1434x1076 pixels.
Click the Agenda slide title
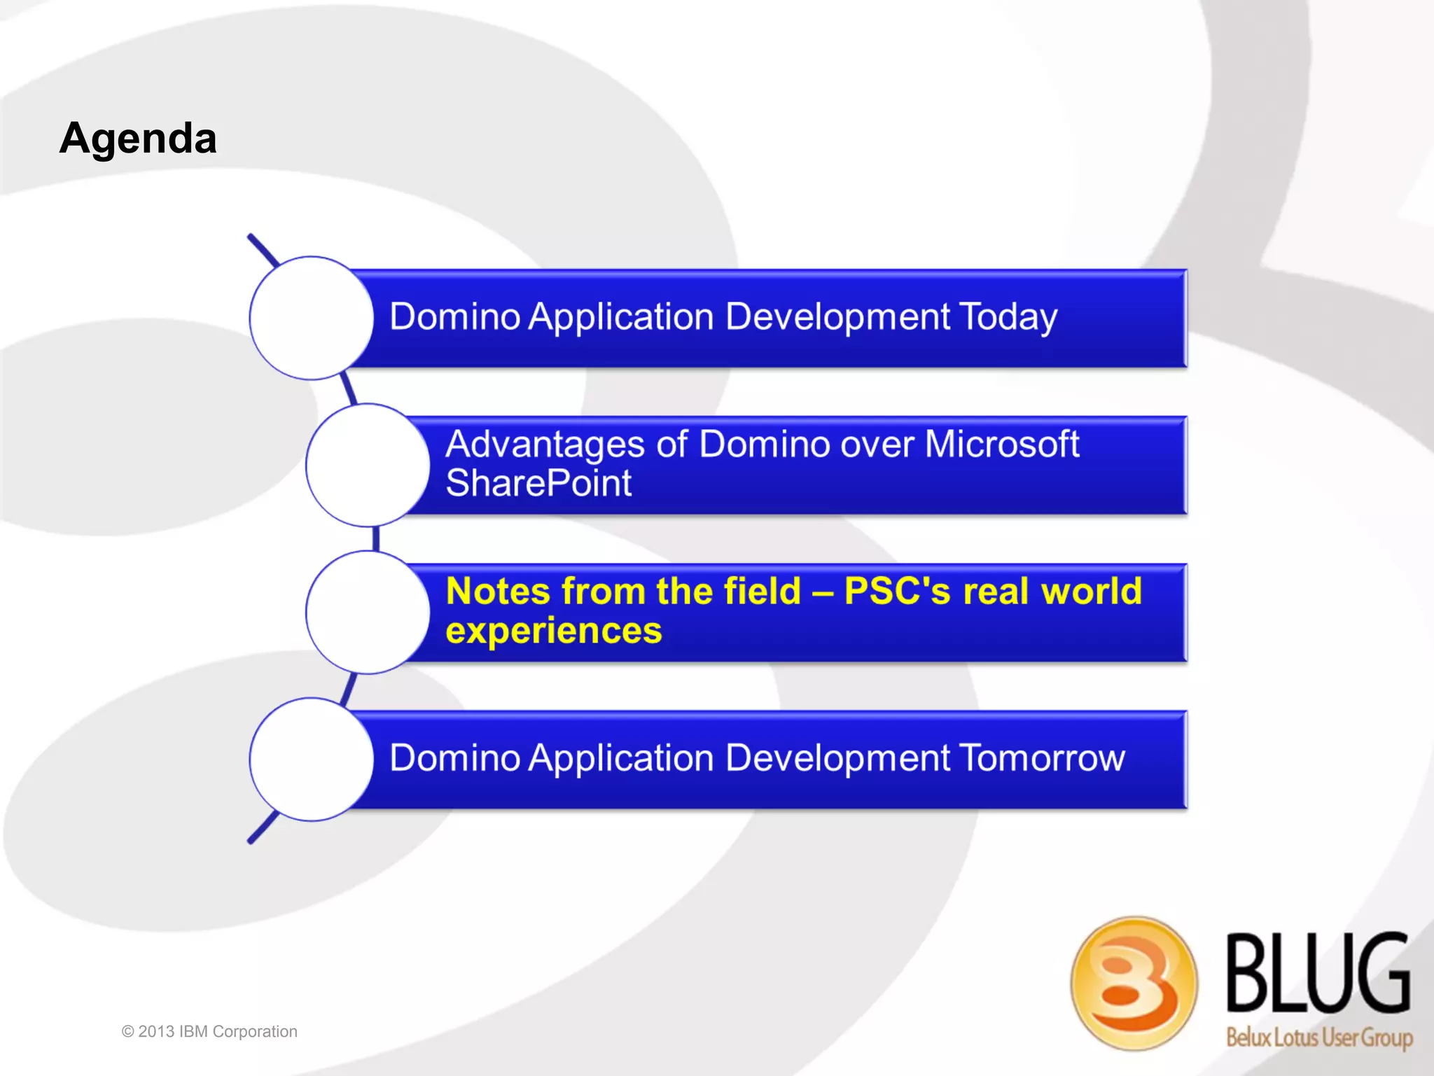coord(138,138)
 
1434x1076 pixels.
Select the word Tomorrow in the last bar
coord(1041,757)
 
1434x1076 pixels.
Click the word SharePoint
coord(538,483)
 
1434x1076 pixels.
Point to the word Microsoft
coord(1001,444)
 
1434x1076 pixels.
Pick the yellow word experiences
coord(553,631)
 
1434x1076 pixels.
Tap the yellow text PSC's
coord(897,591)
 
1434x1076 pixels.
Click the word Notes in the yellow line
coord(498,591)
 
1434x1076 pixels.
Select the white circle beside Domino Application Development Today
coord(311,318)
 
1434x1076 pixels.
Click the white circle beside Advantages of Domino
coord(367,465)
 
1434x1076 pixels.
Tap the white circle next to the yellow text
coord(367,612)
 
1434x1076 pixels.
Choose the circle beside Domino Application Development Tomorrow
coord(311,759)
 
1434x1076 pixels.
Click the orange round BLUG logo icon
coord(1133,983)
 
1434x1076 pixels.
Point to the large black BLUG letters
coord(1318,973)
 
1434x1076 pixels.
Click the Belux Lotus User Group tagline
coord(1318,1037)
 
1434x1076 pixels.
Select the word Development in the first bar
coord(837,316)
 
